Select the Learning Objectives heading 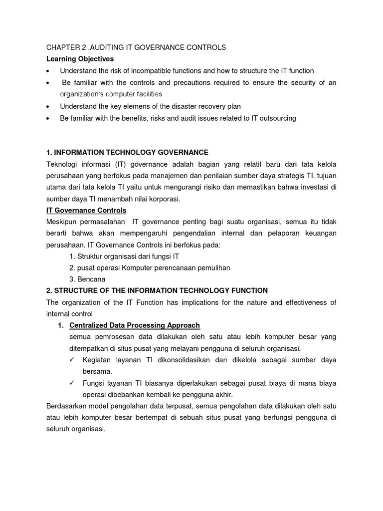pos(80,59)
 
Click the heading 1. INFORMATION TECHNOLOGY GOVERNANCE pos(127,152)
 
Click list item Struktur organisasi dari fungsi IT pos(124,256)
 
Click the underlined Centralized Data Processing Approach pos(135,325)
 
